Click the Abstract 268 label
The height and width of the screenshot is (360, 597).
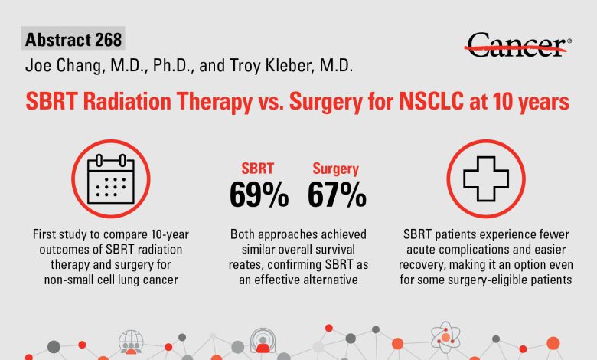tap(73, 39)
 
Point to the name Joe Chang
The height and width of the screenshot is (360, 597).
tap(64, 66)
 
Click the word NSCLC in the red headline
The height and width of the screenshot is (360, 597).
tap(432, 101)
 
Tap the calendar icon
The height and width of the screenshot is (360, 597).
tap(111, 178)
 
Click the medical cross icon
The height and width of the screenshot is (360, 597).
tap(486, 178)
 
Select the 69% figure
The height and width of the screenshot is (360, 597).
tap(259, 195)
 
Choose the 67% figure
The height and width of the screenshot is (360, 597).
tap(337, 195)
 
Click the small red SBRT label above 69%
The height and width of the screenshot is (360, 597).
tap(258, 169)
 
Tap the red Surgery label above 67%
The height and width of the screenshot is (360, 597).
tap(336, 169)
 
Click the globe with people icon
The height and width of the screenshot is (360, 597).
tap(131, 342)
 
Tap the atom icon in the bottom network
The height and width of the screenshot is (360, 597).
tap(445, 337)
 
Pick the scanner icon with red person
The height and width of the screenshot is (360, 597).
tap(263, 341)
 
